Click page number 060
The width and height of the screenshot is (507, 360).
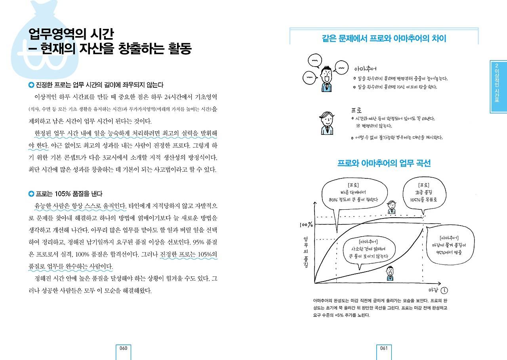[123, 348]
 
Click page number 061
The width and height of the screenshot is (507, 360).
[383, 348]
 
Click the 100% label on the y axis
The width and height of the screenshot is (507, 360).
[306, 225]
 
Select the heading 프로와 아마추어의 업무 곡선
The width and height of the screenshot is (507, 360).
[384, 163]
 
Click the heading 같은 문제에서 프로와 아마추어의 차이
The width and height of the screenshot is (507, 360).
[384, 38]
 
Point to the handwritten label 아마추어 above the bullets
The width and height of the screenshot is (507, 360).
[365, 69]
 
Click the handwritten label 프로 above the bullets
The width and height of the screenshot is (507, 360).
[356, 110]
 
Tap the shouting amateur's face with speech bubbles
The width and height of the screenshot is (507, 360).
[327, 77]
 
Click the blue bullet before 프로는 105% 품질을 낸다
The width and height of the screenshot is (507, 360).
[31, 193]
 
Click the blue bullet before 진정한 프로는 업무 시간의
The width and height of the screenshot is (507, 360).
[31, 85]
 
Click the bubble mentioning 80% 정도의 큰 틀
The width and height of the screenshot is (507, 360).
[353, 192]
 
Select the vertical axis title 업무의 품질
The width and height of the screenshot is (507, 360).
[306, 252]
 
